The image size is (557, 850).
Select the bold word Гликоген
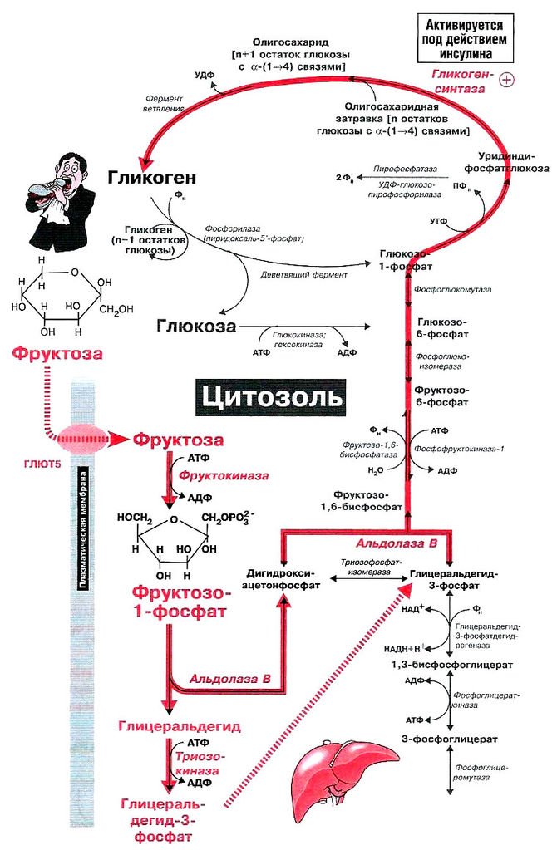point(151,177)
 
